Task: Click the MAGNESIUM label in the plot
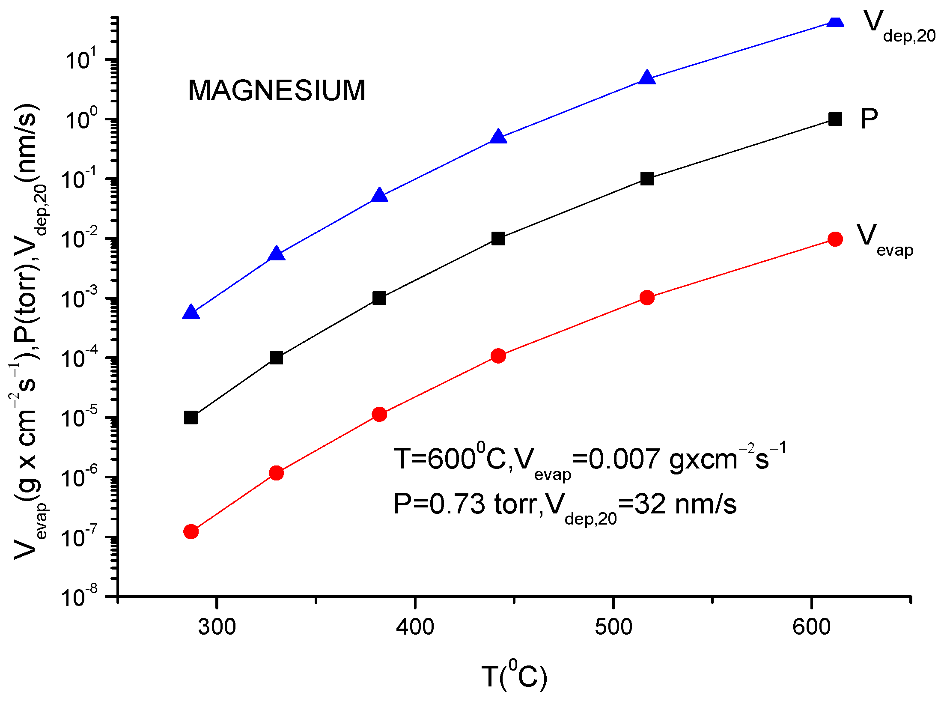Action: (277, 91)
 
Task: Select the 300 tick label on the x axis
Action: (217, 627)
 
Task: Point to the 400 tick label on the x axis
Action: (415, 627)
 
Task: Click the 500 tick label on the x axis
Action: (613, 627)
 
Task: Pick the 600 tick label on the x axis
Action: (811, 627)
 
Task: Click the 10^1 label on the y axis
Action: (81, 60)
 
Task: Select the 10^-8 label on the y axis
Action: (79, 596)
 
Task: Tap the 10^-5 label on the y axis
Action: (79, 418)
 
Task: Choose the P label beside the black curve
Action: (869, 119)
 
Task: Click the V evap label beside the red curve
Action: (884, 240)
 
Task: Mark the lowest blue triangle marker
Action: (191, 313)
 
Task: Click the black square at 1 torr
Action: (835, 119)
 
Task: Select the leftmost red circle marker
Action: (191, 531)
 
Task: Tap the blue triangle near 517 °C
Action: (647, 78)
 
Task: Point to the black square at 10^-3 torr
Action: (379, 298)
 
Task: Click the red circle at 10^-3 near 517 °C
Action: (647, 297)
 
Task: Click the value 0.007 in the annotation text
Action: (623, 459)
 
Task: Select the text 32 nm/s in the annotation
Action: (685, 504)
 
